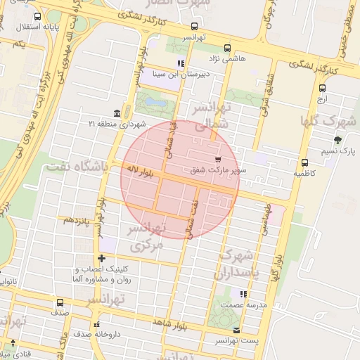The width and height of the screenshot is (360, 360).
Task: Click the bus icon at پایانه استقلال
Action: click(37, 15)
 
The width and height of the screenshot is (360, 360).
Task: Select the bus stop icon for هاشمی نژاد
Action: click(226, 49)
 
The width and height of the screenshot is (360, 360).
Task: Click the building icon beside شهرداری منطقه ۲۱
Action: click(115, 113)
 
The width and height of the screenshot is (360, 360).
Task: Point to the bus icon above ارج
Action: click(322, 89)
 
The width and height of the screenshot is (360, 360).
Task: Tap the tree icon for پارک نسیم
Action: click(338, 140)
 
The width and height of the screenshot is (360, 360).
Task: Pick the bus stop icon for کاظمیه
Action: click(304, 162)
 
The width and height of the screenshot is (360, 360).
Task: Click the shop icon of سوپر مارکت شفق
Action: click(218, 159)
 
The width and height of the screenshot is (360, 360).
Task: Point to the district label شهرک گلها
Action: click(328, 120)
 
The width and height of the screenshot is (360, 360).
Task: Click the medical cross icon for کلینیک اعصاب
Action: click(102, 259)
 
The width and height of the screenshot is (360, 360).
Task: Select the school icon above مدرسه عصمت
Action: click(243, 294)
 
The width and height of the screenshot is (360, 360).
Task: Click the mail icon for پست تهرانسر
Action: click(236, 330)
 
